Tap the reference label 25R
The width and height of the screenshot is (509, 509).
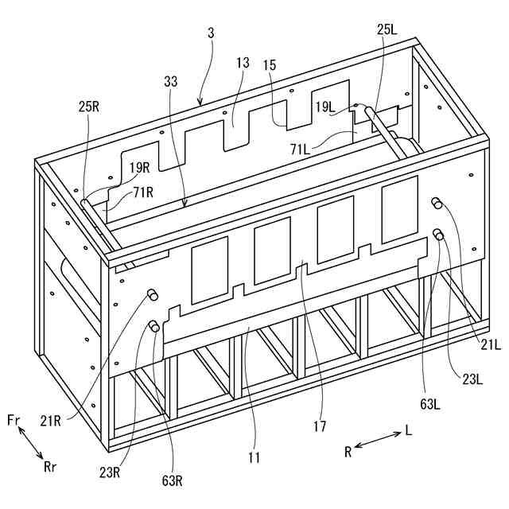coord(89,105)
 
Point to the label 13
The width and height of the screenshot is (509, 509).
coord(243,63)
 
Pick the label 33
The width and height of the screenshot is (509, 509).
coord(171,80)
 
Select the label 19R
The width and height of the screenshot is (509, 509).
coord(140,167)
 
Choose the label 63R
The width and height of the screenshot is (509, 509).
coord(171,480)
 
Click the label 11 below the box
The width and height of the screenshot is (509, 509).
coord(253,457)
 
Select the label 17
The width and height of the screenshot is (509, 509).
coord(320,426)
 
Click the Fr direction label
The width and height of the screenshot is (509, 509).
coord(14,419)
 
